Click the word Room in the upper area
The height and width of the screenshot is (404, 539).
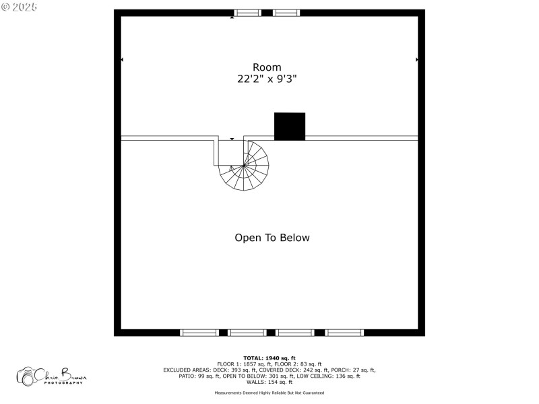click(x=267, y=67)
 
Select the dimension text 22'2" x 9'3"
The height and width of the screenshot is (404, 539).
click(x=267, y=79)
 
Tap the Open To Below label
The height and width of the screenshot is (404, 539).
click(x=272, y=238)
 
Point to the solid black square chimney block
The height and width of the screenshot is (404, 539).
click(x=290, y=127)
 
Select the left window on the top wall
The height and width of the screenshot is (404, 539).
click(x=247, y=13)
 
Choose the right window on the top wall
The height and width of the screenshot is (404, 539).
click(x=286, y=13)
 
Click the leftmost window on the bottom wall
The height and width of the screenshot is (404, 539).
click(x=199, y=333)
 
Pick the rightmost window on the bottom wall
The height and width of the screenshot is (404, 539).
click(x=345, y=333)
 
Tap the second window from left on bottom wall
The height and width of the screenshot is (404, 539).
click(x=247, y=333)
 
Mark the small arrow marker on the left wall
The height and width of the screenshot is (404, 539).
click(x=122, y=60)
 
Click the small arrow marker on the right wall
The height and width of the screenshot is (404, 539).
click(x=417, y=60)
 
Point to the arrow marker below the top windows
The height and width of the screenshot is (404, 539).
click(x=232, y=18)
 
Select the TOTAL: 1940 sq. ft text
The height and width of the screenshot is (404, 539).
click(x=269, y=358)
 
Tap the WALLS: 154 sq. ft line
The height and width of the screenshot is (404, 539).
click(x=269, y=382)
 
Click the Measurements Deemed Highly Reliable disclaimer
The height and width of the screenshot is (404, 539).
click(x=269, y=393)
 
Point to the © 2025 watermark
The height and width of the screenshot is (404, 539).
click(x=20, y=6)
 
